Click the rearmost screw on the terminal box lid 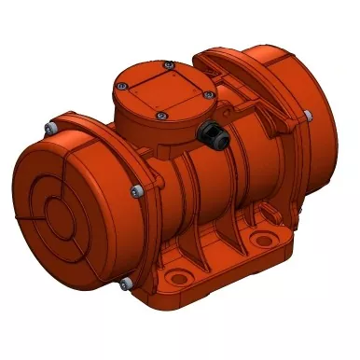tap(167, 64)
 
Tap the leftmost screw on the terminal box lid tap(118, 86)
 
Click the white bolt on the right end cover tap(307, 115)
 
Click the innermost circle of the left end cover tap(56, 186)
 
